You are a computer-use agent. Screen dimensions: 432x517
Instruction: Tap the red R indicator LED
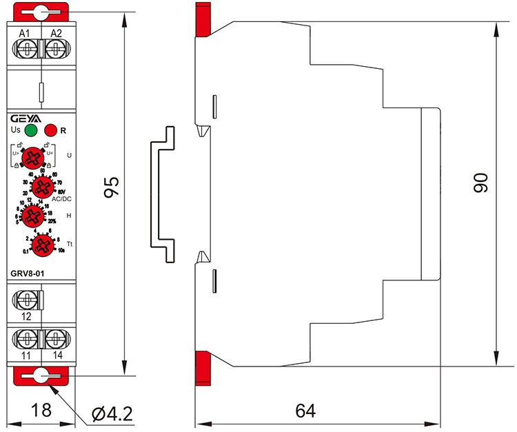[x=50, y=130]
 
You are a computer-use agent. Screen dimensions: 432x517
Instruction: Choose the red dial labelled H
[x=32, y=216]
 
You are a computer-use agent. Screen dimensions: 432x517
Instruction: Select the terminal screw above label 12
[x=26, y=300]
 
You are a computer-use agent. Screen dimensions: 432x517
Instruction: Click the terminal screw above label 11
[x=26, y=340]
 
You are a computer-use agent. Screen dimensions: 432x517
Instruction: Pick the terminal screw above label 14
[x=55, y=340]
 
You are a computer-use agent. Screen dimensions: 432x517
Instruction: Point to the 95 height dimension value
[x=112, y=188]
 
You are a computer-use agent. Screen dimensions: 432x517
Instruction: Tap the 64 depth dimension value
[x=305, y=411]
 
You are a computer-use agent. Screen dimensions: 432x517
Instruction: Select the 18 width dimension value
[x=41, y=411]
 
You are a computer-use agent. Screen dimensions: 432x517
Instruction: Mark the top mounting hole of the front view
[x=41, y=12]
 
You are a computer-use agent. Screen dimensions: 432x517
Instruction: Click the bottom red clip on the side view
[x=203, y=364]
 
